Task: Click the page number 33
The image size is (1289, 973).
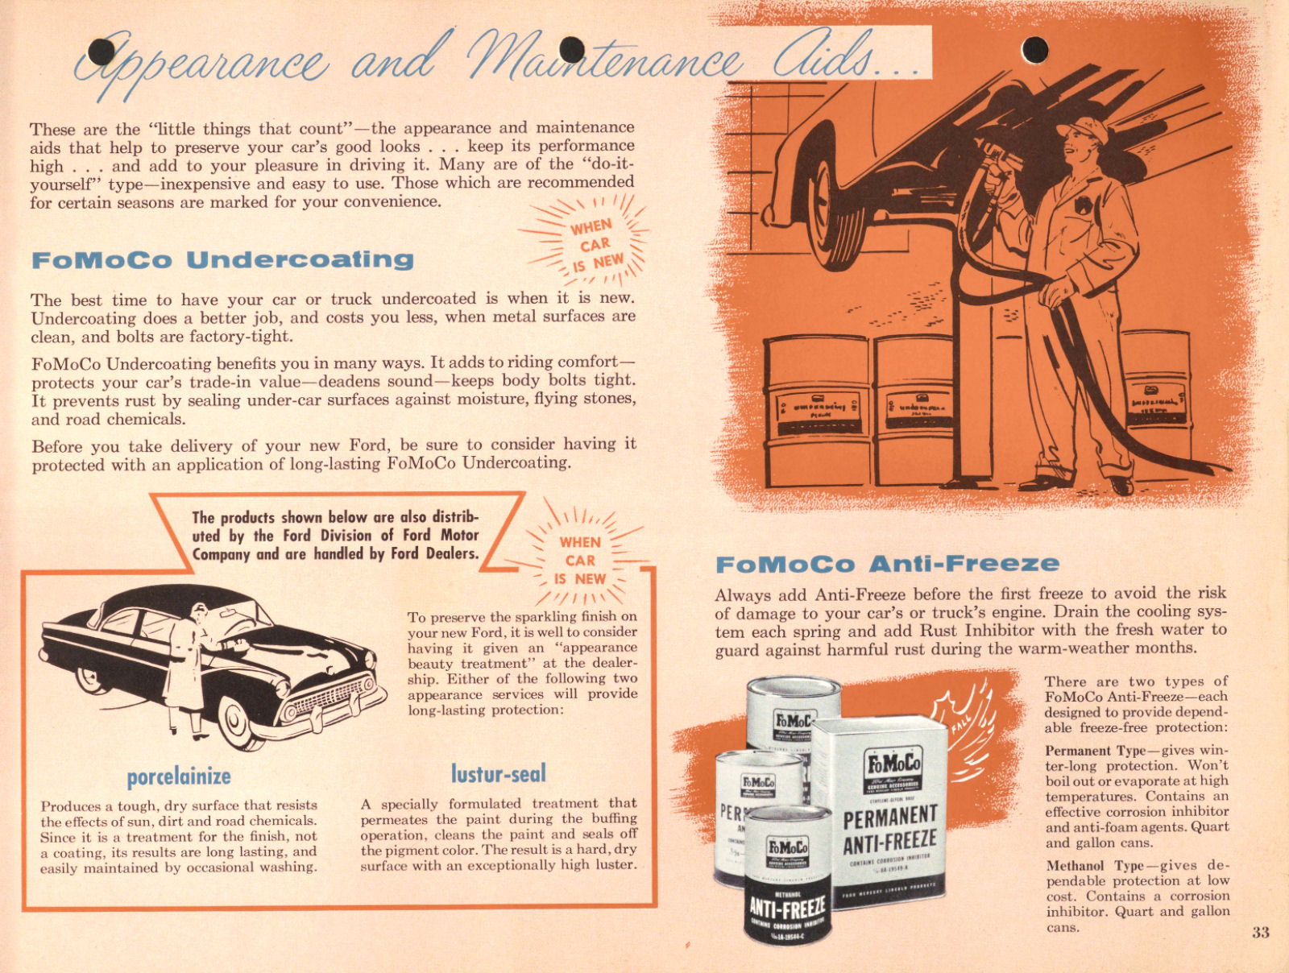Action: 1261,933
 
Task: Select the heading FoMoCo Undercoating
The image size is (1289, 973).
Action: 222,260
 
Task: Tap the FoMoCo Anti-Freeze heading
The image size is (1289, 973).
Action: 887,563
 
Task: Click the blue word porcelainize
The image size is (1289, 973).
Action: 179,776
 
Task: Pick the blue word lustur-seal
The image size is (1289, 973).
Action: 498,774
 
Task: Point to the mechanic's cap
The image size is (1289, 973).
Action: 1083,129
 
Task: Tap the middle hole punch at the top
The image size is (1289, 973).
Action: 571,50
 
